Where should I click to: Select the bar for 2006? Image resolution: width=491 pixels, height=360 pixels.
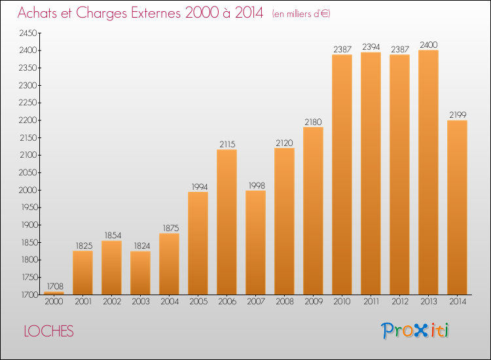(227, 222)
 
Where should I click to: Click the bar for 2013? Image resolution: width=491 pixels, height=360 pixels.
(428, 172)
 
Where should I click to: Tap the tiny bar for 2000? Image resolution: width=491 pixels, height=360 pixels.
(54, 293)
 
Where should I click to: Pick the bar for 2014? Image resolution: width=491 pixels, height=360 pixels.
(457, 207)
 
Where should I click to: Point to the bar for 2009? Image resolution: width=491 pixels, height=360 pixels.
(313, 211)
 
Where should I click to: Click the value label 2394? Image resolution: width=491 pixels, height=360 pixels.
(371, 46)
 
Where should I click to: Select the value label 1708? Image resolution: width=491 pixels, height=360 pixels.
(55, 286)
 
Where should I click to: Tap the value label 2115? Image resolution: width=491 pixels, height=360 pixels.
(227, 144)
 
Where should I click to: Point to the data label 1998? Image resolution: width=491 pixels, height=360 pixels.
(257, 186)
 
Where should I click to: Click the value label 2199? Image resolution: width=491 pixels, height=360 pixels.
(458, 115)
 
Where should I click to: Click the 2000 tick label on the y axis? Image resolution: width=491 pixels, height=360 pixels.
(28, 190)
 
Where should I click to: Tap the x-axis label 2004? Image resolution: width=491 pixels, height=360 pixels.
(170, 302)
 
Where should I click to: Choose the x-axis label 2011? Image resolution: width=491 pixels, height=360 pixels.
(371, 302)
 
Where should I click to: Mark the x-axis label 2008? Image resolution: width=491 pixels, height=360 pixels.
(285, 302)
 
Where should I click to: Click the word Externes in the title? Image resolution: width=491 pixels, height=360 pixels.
(156, 13)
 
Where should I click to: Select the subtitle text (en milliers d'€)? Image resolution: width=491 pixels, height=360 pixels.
(301, 14)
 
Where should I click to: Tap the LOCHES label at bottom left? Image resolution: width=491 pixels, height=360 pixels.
(49, 331)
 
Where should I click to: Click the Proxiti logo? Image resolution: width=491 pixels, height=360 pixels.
(415, 331)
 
